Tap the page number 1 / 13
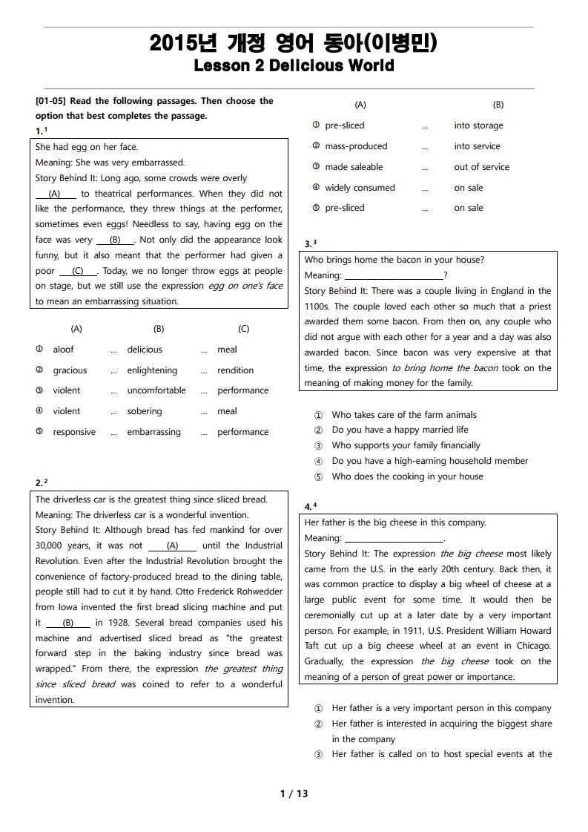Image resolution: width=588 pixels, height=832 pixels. pos(294,793)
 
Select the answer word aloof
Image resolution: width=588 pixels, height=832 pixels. pos(64,350)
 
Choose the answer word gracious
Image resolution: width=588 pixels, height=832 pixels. pos(70,370)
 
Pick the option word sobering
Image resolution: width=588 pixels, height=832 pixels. pos(145,411)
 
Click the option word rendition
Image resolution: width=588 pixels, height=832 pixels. pos(235,370)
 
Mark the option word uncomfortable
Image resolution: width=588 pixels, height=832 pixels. pos(156,390)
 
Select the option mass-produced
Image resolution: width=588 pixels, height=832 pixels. pos(356,146)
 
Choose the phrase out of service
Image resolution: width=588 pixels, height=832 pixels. pos(481,167)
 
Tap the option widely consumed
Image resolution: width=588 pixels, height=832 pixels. pos(360,188)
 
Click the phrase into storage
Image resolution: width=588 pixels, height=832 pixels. pos(478,125)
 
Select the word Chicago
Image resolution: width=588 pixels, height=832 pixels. pos(532,646)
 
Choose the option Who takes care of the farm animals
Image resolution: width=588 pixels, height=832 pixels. pos(404,415)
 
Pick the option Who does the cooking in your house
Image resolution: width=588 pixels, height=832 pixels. pos(407,476)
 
